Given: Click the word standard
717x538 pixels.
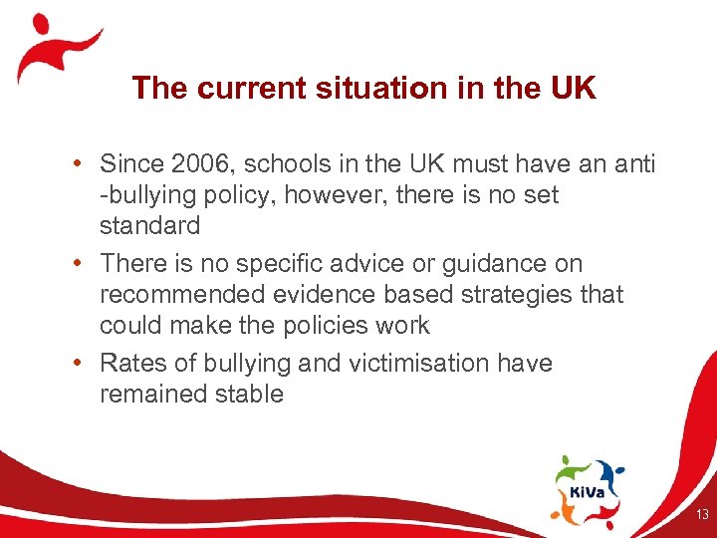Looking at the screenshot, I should [149, 225].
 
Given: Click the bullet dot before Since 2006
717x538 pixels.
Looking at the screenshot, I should [86, 164].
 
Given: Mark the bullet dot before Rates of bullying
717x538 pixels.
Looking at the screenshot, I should [86, 364].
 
